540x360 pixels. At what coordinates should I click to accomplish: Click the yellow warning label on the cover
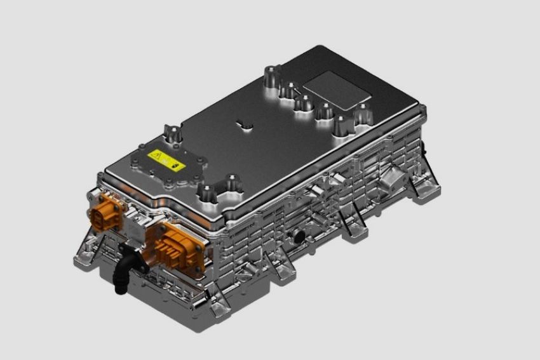166,161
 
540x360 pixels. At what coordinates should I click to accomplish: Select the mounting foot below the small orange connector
87,251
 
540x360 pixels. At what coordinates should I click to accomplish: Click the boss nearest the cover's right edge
362,114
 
